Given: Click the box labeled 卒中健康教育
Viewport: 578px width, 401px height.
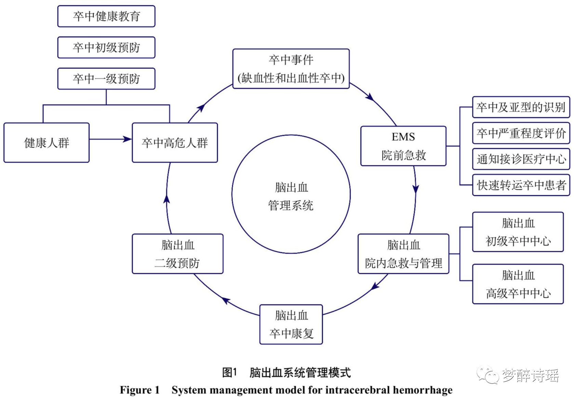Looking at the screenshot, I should pos(106,16).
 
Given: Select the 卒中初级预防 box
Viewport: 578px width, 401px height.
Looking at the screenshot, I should pos(106,48).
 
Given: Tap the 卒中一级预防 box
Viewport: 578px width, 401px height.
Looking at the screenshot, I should pos(106,79).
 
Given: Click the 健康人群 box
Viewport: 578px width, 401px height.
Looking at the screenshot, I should pos(46,142).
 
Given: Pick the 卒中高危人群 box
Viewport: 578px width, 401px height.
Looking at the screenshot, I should pos(175,142).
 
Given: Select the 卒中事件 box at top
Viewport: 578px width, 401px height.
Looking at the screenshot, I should pos(291,69).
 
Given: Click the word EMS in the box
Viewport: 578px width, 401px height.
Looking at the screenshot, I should pos(403,137).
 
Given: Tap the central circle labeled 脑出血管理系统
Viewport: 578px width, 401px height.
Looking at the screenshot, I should pos(291,194).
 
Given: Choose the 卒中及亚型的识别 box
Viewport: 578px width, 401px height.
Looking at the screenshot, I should pos(521,107).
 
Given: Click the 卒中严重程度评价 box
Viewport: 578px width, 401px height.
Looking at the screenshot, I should pos(521,133).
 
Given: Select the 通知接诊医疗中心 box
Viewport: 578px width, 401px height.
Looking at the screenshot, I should pos(521,159).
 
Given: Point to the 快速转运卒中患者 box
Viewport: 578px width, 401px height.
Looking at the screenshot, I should pos(521,185).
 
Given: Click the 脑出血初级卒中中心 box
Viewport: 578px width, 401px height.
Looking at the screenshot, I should pos(518,232).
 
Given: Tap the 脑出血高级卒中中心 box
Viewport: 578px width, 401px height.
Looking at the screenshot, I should pos(518,284).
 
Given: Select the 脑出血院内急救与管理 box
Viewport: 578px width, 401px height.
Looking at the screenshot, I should pos(403,254).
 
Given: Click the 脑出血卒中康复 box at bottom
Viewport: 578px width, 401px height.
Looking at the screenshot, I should pos(291,324).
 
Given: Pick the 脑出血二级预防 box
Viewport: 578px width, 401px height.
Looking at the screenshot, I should pos(177,254).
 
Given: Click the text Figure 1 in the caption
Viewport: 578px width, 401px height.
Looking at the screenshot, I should pos(139,390).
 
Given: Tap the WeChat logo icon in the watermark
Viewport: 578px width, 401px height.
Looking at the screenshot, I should pos(488,375).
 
